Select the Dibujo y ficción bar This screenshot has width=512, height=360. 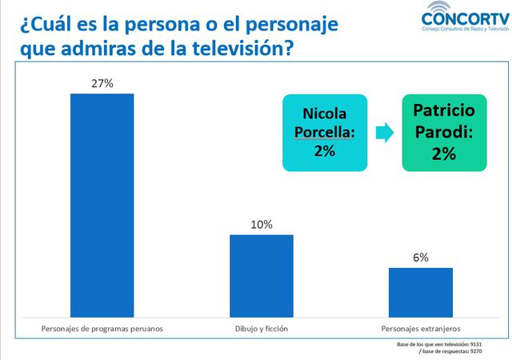(x=261, y=274)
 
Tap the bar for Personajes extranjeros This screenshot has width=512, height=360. (x=420, y=291)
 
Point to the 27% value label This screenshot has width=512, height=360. (x=102, y=82)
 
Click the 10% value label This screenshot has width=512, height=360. (x=261, y=225)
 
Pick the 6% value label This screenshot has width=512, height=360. (x=421, y=258)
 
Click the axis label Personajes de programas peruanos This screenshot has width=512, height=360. (x=102, y=328)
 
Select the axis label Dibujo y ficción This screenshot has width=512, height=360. (x=262, y=328)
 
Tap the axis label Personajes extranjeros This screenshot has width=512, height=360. (x=421, y=328)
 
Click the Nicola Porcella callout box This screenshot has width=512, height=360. (x=324, y=132)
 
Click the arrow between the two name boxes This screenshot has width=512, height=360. (x=384, y=132)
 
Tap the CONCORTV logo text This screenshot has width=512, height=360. (x=464, y=17)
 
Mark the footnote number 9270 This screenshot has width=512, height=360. (x=475, y=351)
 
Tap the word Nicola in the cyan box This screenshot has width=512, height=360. (x=324, y=114)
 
